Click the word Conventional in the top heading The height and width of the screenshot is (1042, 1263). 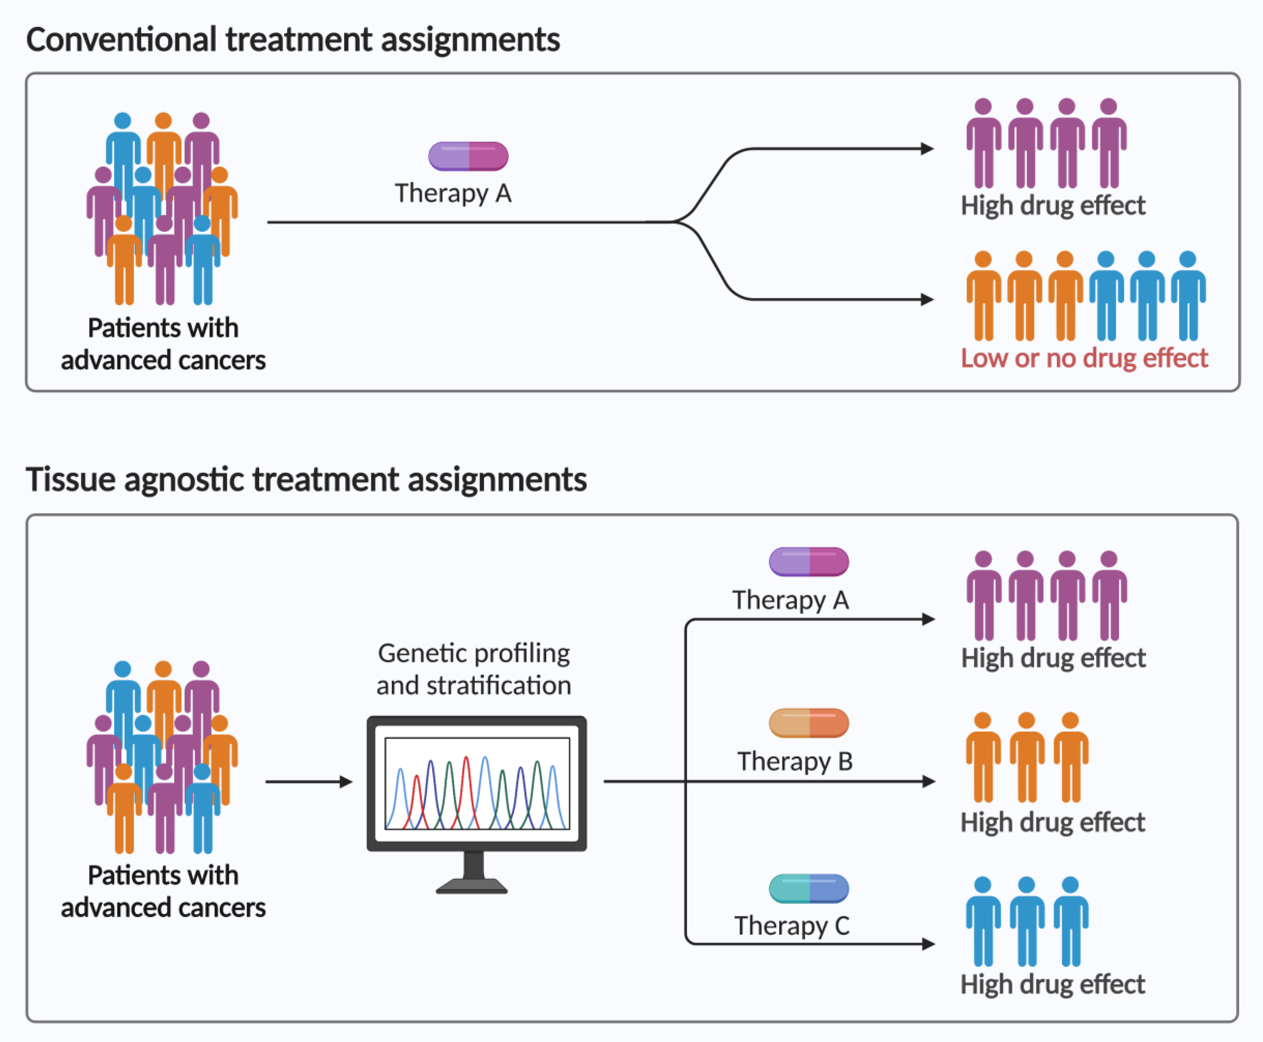pyautogui.click(x=121, y=40)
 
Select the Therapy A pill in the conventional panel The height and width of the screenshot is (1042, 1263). pyautogui.click(x=468, y=156)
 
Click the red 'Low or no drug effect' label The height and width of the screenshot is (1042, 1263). pyautogui.click(x=1084, y=358)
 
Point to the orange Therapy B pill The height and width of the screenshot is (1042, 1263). pyautogui.click(x=809, y=723)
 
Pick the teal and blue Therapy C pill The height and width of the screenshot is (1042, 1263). pyautogui.click(x=809, y=888)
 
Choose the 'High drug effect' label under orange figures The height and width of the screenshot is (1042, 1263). pyautogui.click(x=1053, y=822)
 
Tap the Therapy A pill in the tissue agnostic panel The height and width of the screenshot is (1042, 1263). pyautogui.click(x=809, y=562)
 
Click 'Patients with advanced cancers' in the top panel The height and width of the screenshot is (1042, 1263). pyautogui.click(x=163, y=344)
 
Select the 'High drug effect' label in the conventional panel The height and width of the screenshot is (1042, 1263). pyautogui.click(x=1053, y=205)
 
